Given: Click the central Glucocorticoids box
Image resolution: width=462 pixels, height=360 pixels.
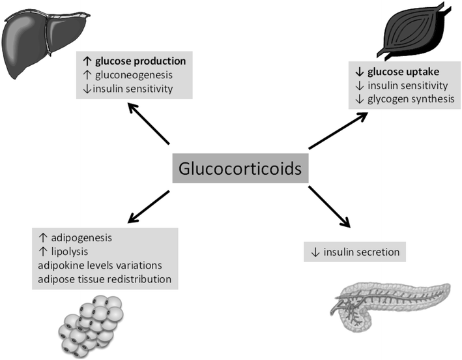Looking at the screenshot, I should coord(238,168).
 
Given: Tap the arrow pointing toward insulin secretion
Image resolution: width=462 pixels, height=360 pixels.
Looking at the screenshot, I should coord(329,207).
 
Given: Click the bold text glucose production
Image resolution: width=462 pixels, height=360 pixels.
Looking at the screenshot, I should coord(140,61).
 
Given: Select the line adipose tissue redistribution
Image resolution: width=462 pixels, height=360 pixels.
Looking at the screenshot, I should coord(105,279).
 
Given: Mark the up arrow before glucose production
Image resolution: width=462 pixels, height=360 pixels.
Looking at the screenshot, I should coord(85,61).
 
